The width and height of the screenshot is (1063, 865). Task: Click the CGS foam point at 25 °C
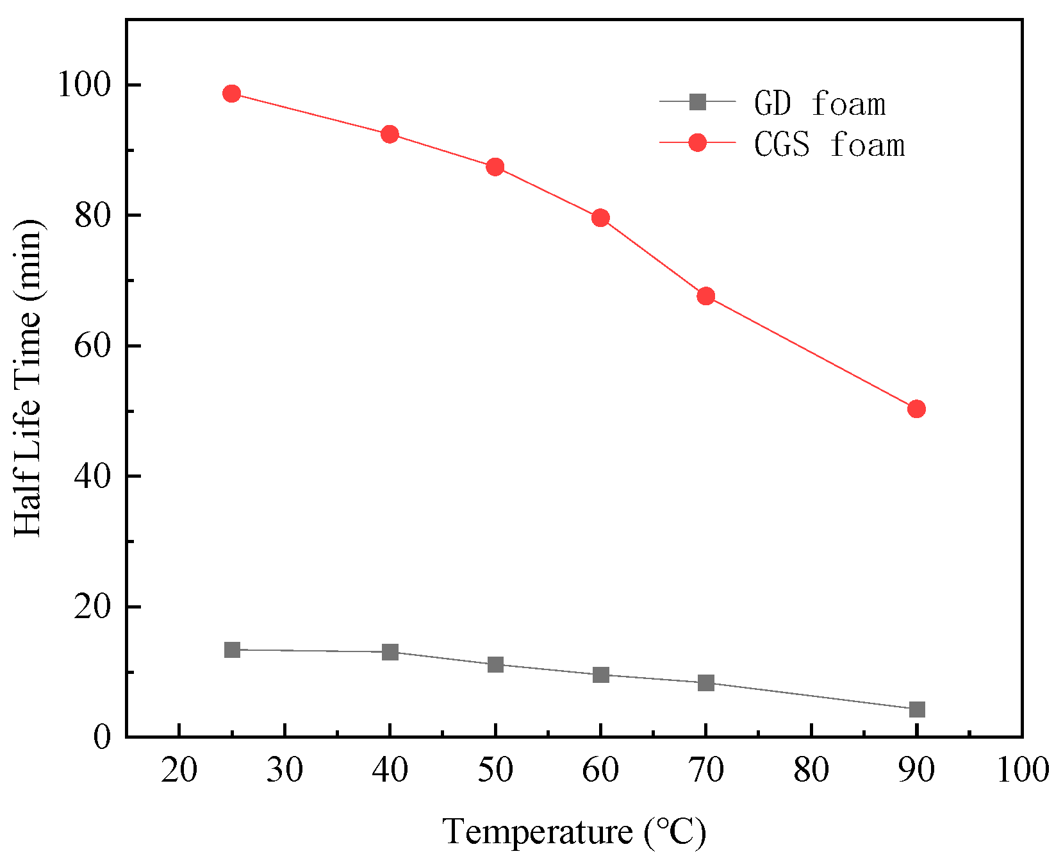click(232, 94)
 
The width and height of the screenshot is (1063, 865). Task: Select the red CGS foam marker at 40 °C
click(390, 134)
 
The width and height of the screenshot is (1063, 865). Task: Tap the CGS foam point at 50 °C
click(495, 167)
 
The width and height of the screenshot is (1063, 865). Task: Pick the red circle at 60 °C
click(600, 218)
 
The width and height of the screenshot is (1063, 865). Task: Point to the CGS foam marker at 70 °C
click(706, 296)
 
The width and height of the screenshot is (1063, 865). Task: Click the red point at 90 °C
click(917, 408)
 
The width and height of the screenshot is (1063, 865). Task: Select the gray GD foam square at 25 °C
click(232, 650)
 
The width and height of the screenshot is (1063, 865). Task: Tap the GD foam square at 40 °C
click(390, 652)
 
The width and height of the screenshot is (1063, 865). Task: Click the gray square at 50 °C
click(495, 664)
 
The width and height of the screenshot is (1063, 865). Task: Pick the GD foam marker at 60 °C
click(600, 675)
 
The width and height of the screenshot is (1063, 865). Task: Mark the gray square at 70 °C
click(706, 683)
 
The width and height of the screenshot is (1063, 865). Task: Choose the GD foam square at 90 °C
click(917, 709)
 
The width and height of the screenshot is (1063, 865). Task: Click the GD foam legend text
click(820, 104)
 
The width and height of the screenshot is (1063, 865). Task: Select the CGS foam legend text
click(829, 145)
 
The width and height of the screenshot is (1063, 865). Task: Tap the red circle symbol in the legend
click(697, 142)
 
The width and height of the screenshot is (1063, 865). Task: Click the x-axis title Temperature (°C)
click(574, 832)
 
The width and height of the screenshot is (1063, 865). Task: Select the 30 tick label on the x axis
click(284, 770)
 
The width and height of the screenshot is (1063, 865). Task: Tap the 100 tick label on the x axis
click(1022, 770)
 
